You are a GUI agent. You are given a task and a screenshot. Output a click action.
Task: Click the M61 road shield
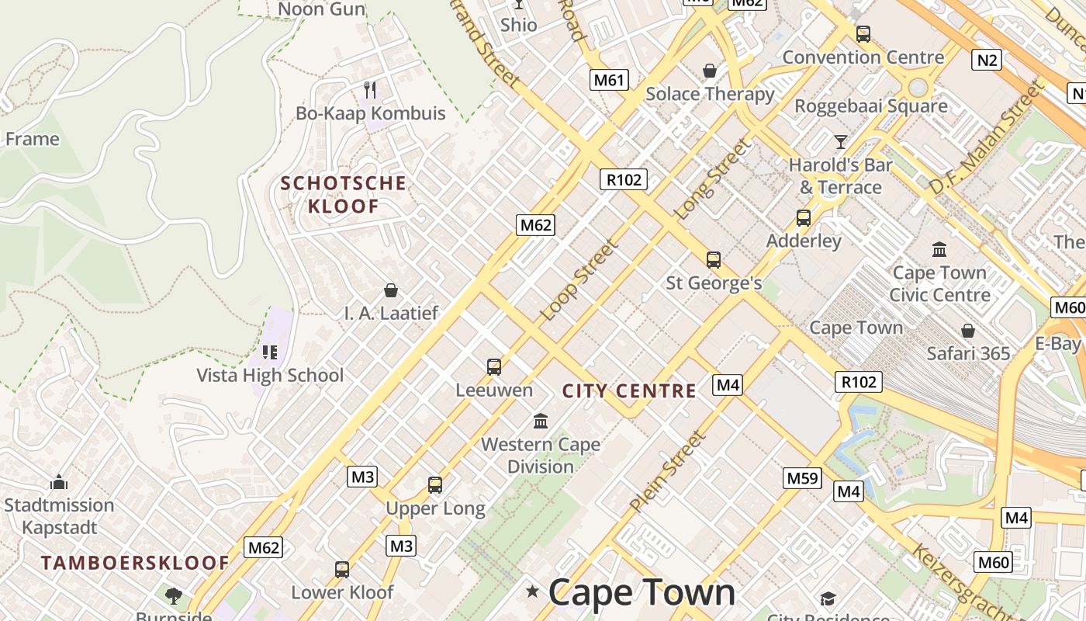609,80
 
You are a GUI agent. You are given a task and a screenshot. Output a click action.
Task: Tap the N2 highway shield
986,60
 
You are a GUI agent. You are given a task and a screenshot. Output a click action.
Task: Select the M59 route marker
802,478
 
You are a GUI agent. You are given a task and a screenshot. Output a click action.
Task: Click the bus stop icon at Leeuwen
494,367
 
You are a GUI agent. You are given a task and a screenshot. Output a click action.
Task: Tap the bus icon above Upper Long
435,485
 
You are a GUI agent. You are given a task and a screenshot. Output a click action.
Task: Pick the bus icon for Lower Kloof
342,570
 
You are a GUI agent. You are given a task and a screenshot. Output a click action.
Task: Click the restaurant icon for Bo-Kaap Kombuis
370,90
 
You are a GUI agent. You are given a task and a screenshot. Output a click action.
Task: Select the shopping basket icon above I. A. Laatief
391,290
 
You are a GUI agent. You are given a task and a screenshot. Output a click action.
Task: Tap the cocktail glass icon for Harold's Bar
840,141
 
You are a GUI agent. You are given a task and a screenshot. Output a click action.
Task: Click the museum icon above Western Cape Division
541,422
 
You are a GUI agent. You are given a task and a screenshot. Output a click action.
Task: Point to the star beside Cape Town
532,592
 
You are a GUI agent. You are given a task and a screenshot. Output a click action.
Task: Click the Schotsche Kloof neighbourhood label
344,195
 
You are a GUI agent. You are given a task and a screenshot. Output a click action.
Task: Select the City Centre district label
629,391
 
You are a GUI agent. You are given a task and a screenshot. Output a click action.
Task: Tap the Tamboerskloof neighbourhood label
136,563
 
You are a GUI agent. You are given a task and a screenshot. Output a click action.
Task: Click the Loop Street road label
579,279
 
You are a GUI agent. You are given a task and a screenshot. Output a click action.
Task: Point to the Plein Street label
668,471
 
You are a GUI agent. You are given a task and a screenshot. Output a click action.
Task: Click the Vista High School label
270,376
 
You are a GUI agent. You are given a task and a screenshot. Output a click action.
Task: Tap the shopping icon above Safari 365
968,331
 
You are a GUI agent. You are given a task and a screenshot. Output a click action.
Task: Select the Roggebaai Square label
871,106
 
